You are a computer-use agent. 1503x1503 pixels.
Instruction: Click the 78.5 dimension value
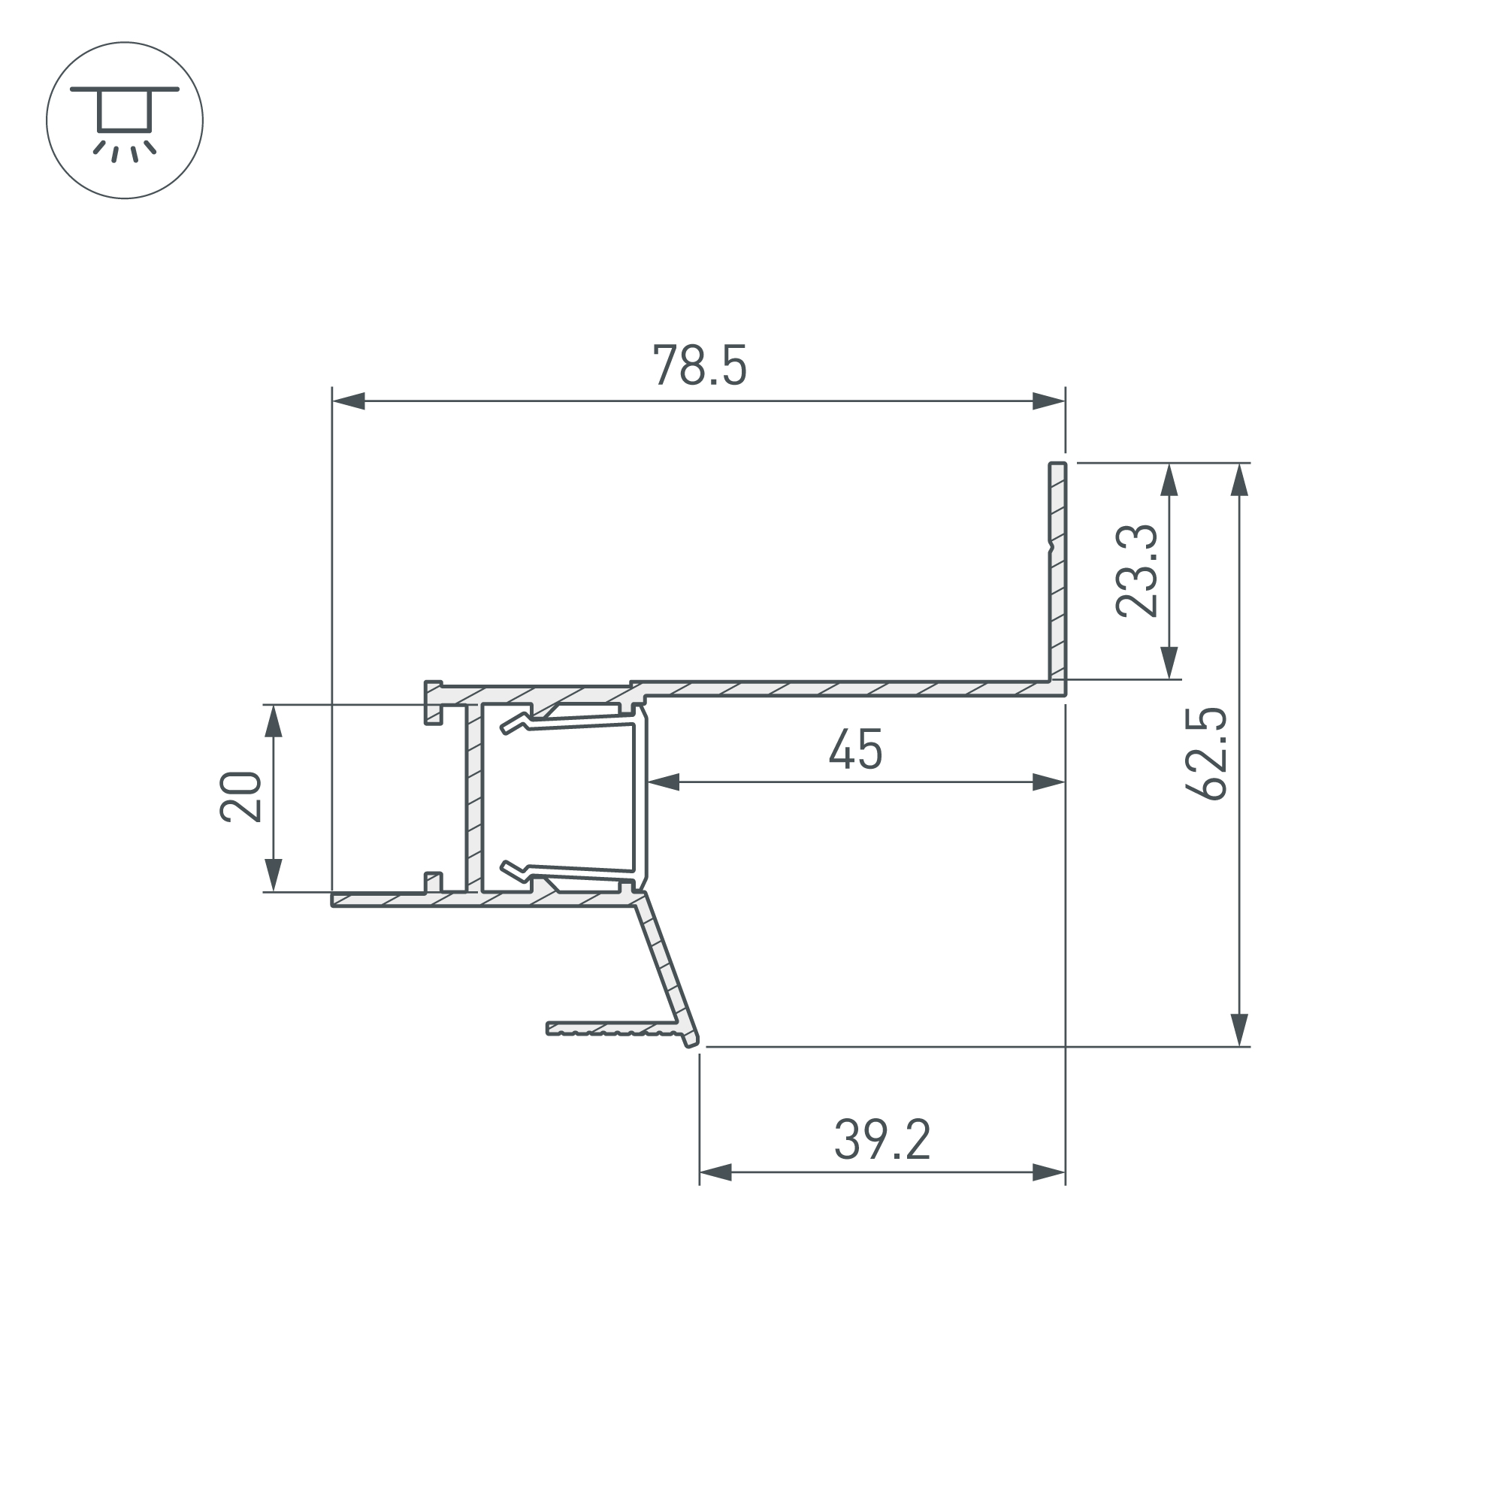(x=700, y=365)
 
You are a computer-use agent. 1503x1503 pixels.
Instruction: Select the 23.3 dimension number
(x=1136, y=571)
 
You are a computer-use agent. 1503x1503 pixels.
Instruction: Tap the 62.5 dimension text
(x=1206, y=753)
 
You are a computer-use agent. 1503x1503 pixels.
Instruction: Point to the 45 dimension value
(x=855, y=748)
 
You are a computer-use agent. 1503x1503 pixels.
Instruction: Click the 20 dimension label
(x=240, y=797)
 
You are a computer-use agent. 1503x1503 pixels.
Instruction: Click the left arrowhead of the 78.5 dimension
(x=349, y=401)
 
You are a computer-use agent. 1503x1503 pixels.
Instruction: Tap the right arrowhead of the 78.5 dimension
(x=1048, y=401)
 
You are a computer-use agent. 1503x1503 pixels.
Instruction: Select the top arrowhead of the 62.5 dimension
(x=1239, y=480)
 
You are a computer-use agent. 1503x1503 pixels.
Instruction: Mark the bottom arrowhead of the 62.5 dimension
(x=1239, y=1030)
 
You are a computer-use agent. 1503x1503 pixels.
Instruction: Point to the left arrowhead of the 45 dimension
(x=664, y=782)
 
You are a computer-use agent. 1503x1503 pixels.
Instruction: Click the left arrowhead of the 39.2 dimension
(x=715, y=1172)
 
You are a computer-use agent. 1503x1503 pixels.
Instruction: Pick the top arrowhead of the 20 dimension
(x=273, y=721)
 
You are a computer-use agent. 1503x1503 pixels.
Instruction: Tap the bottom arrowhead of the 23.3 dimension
(x=1169, y=663)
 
